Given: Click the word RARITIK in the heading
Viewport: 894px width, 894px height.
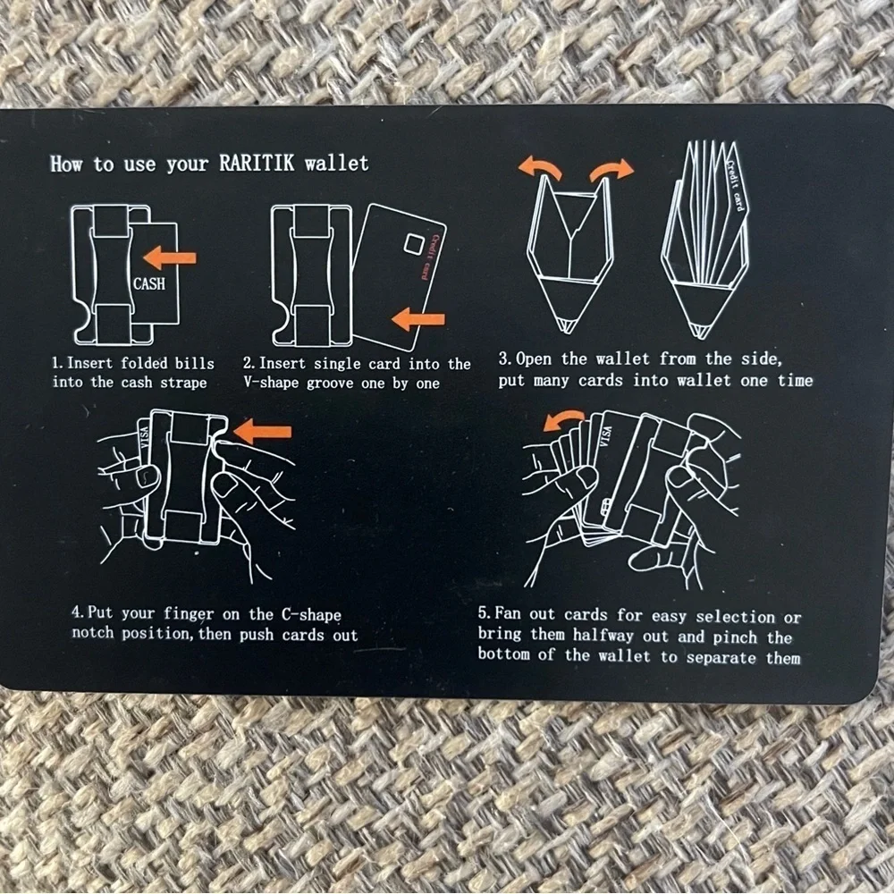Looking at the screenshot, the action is pyautogui.click(x=257, y=163).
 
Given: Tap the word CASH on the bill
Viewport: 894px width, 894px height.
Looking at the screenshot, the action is pyautogui.click(x=148, y=283).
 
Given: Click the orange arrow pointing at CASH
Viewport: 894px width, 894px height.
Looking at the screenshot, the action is pyautogui.click(x=170, y=258).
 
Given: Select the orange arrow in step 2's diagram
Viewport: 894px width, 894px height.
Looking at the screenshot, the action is pyautogui.click(x=418, y=319).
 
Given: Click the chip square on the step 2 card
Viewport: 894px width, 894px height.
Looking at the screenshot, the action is pyautogui.click(x=414, y=244).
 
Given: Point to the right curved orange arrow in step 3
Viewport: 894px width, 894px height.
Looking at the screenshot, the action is pyautogui.click(x=611, y=170).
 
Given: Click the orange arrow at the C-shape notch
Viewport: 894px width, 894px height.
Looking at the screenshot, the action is pyautogui.click(x=262, y=432).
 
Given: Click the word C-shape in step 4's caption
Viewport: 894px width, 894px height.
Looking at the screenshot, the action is pyautogui.click(x=311, y=614).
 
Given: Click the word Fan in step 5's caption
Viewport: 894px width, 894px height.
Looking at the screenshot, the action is pyautogui.click(x=508, y=613).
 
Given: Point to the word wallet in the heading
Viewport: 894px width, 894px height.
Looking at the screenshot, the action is pyautogui.click(x=336, y=164).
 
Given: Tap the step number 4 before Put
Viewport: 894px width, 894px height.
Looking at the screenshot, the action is pyautogui.click(x=76, y=612).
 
